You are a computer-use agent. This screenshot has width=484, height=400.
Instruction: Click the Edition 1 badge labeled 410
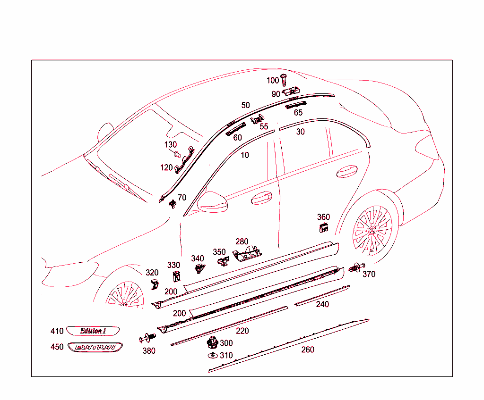tap(93, 331)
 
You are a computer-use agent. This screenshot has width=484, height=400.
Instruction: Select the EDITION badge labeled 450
tap(95, 347)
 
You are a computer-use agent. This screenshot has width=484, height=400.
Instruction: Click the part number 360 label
tap(323, 217)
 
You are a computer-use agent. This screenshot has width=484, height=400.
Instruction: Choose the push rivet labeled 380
tap(147, 338)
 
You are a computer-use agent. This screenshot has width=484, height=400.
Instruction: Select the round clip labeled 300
tap(213, 341)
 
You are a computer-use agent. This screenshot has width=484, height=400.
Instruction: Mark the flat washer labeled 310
tap(213, 354)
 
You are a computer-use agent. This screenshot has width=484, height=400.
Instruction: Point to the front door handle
tap(261, 198)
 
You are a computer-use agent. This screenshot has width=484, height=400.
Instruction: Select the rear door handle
tap(346, 171)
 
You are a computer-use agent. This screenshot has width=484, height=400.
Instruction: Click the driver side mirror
tap(212, 201)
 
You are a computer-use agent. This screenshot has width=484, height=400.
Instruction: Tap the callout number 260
tap(307, 350)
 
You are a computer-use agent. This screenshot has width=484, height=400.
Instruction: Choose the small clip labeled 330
tap(176, 278)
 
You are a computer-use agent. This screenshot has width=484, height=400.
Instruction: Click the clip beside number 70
tap(173, 203)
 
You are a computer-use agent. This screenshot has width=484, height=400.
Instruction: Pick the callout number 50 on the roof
tap(245, 105)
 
